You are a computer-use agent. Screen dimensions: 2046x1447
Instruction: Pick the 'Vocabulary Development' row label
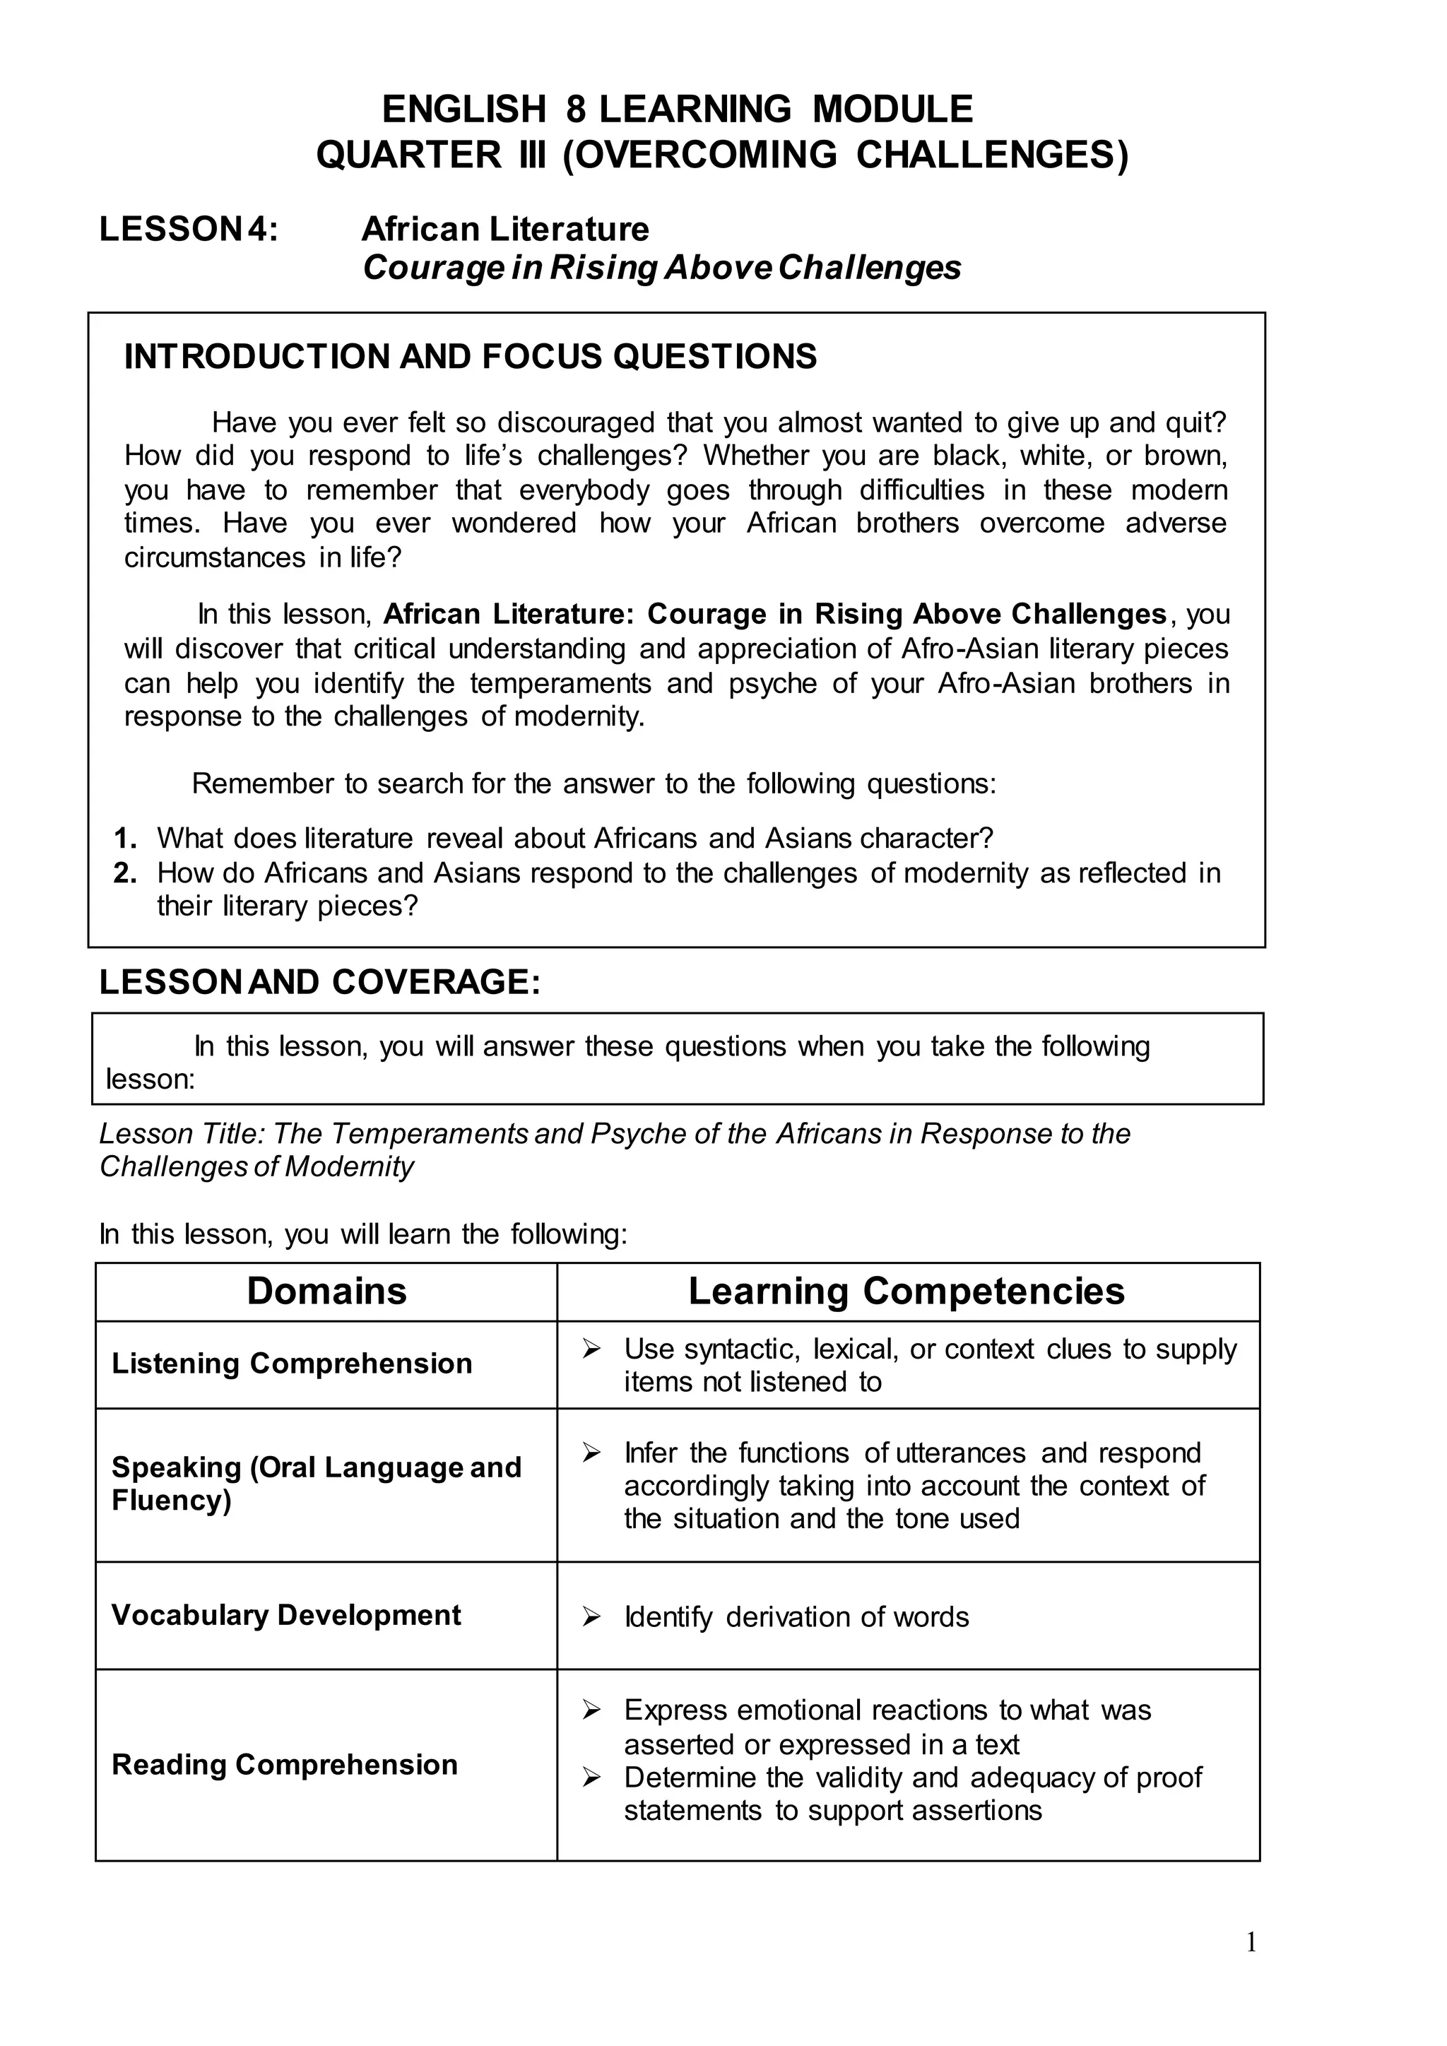coord(286,1615)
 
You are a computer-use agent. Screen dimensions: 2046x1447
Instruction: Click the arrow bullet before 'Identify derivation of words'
coord(591,1616)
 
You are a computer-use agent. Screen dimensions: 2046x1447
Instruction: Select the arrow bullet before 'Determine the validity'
coord(591,1778)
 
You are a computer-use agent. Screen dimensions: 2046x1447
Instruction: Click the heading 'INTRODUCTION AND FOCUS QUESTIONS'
coord(470,357)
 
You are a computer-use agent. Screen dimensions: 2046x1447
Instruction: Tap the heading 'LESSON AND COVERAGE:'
coord(320,982)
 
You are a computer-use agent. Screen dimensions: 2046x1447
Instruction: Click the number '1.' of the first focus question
coord(125,839)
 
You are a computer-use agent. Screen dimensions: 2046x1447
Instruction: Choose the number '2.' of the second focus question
coord(125,873)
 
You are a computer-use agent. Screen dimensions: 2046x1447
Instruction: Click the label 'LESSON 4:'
coord(188,229)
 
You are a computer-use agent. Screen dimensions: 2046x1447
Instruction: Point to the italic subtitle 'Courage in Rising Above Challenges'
coord(661,267)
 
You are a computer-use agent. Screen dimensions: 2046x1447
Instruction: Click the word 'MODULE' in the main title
coord(892,110)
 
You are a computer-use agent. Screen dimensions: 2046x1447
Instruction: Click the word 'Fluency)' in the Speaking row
coord(171,1500)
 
